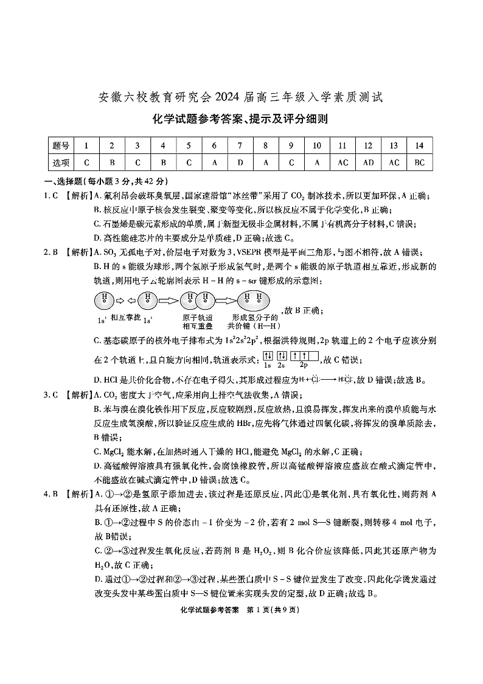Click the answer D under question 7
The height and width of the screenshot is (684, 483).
[240, 162]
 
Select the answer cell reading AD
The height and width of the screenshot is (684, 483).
[368, 162]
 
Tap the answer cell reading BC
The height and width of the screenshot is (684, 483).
[419, 162]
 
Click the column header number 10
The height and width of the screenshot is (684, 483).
[316, 146]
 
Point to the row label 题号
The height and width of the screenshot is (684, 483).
[61, 146]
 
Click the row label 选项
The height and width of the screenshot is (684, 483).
[61, 162]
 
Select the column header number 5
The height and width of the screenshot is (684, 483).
[189, 146]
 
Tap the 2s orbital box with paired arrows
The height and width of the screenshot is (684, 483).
[282, 356]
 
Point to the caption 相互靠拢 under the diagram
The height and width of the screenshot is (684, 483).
[125, 318]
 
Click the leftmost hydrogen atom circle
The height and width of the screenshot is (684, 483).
[104, 300]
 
